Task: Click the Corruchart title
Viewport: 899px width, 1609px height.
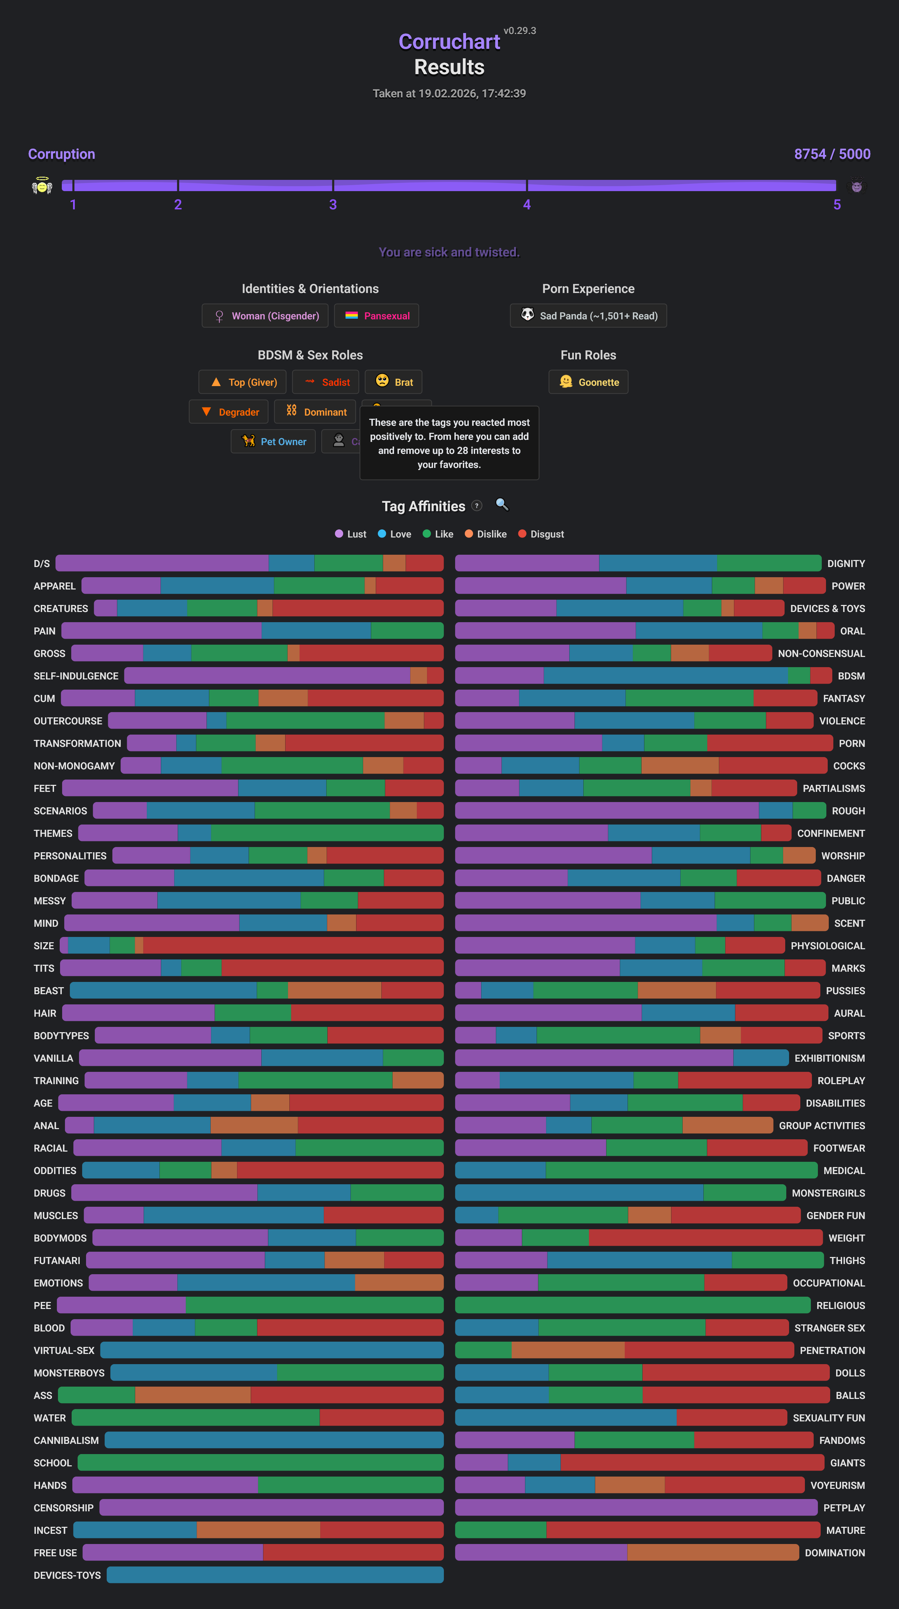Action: (449, 42)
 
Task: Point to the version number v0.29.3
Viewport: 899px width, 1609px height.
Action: (519, 31)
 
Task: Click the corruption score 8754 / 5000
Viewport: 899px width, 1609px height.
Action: (832, 154)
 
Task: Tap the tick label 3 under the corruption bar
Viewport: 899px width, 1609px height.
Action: (333, 205)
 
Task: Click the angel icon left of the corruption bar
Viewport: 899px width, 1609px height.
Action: (42, 186)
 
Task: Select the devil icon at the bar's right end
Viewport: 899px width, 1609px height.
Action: (857, 186)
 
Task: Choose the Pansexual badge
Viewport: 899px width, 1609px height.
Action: (376, 316)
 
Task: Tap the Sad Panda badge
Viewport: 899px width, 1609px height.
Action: (588, 316)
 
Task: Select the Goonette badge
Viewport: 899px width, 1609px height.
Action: (588, 382)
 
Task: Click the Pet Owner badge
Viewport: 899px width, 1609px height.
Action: (274, 442)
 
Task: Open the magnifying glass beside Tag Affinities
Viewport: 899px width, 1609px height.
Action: (502, 505)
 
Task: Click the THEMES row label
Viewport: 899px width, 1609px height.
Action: (53, 833)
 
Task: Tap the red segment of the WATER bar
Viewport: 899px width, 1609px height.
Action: (381, 1418)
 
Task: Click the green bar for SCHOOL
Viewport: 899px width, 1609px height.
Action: (260, 1463)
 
